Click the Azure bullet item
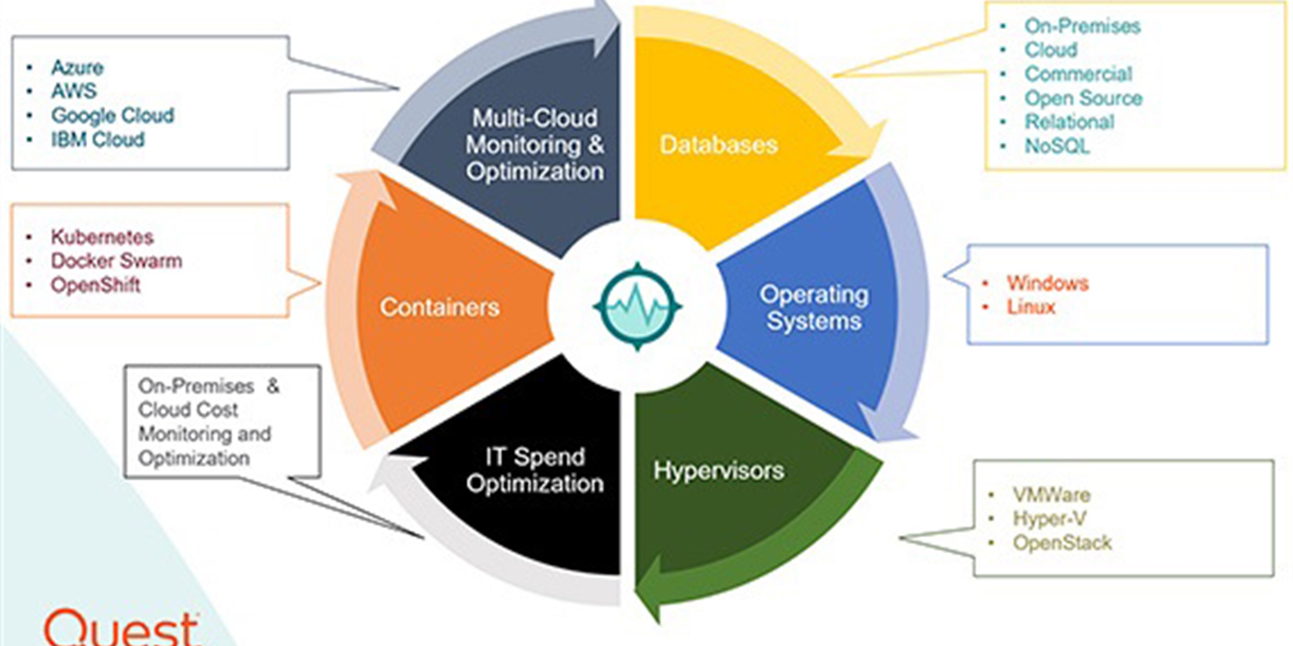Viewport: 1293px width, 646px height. click(77, 67)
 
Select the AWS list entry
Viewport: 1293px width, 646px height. click(74, 91)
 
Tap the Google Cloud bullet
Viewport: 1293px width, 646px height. click(113, 115)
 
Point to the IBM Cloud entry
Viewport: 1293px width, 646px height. click(98, 139)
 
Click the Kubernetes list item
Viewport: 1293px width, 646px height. click(102, 237)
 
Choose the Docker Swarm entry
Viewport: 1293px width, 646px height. click(116, 261)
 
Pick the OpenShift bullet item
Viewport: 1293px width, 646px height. click(95, 285)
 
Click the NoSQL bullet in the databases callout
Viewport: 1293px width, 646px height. click(1057, 146)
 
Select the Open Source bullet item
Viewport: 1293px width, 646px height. click(1083, 98)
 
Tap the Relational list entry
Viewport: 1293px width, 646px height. click(1069, 122)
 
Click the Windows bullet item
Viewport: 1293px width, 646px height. click(1048, 283)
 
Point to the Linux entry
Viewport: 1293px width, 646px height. click(1031, 307)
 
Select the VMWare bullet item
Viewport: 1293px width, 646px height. click(1052, 495)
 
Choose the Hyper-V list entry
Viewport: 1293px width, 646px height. click(1049, 518)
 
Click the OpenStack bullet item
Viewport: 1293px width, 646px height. click(1062, 543)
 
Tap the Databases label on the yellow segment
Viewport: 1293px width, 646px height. click(719, 144)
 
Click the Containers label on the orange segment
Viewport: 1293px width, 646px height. click(440, 307)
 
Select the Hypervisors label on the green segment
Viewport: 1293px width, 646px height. click(719, 471)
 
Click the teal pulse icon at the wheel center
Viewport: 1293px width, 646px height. click(637, 307)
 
